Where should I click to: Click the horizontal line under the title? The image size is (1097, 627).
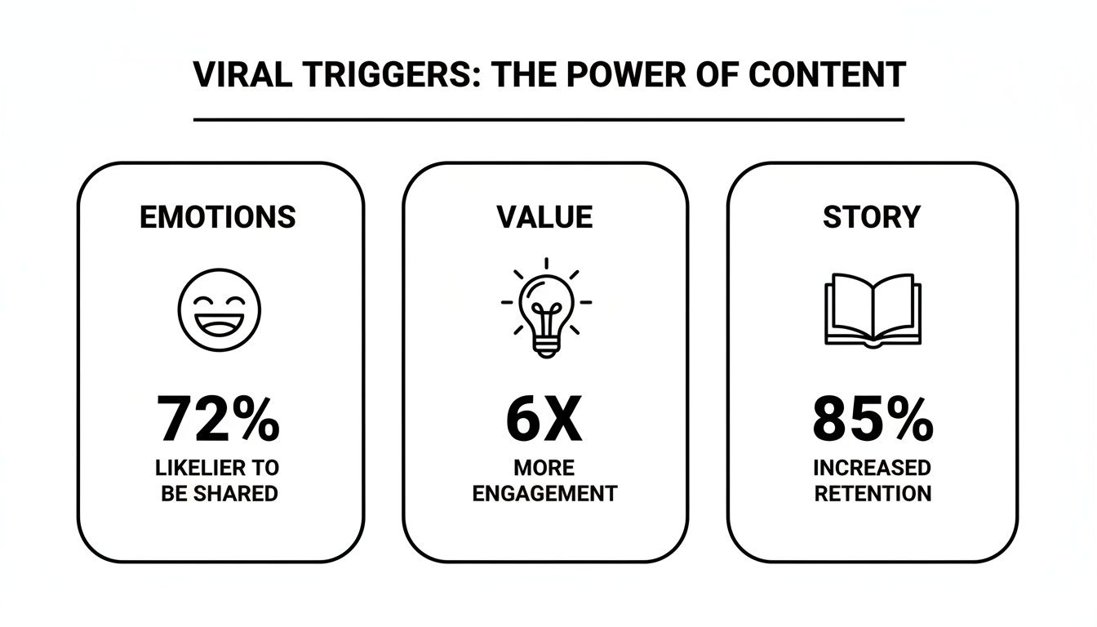click(x=548, y=120)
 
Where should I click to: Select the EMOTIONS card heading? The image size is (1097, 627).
click(x=218, y=217)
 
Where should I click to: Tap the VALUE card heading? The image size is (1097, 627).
click(x=544, y=217)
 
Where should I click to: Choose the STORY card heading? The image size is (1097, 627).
click(x=871, y=217)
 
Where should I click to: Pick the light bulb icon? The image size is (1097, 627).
click(x=546, y=306)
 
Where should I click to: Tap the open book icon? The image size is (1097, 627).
click(x=873, y=310)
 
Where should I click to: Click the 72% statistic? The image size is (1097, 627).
click(x=219, y=420)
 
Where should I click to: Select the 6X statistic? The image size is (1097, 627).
click(x=544, y=420)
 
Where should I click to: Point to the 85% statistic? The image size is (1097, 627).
click(x=873, y=420)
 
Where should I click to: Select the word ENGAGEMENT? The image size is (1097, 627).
click(x=544, y=494)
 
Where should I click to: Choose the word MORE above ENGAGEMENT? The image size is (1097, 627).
click(x=544, y=468)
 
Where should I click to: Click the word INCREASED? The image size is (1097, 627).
click(x=872, y=468)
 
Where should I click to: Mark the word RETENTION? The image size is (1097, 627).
click(x=872, y=494)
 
